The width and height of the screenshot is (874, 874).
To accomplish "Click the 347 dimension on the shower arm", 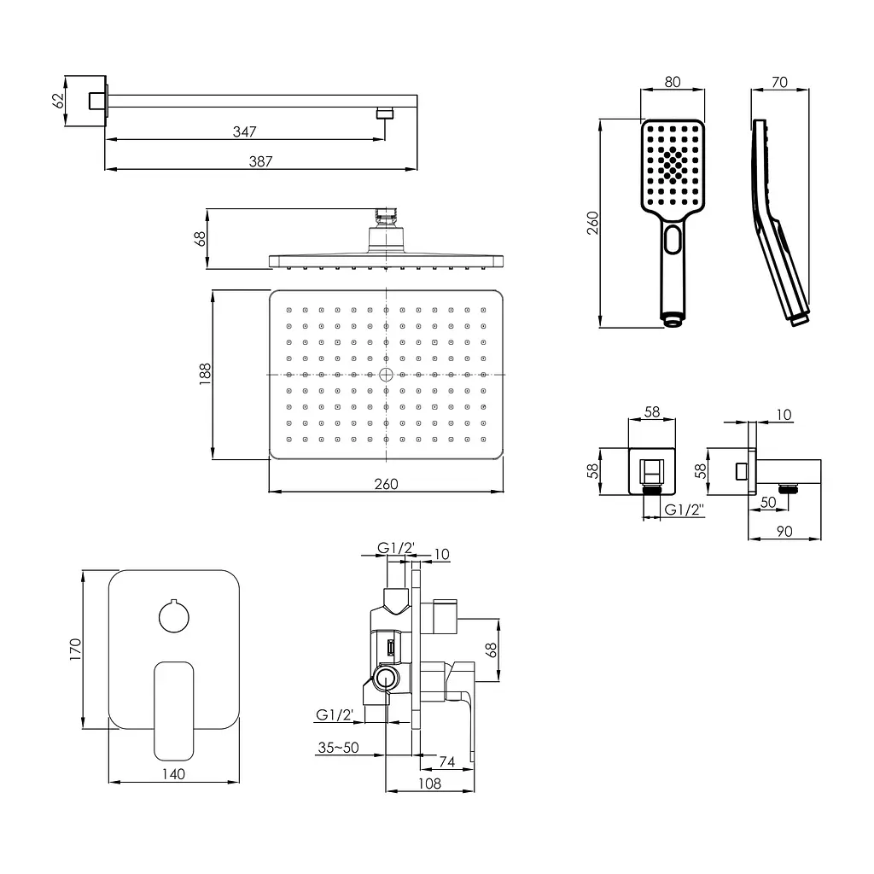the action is click(x=245, y=131).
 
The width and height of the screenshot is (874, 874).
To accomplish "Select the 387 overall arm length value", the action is click(x=260, y=161).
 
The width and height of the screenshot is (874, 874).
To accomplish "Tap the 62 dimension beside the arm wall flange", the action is click(x=58, y=101).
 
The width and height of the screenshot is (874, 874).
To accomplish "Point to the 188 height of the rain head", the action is click(x=205, y=374).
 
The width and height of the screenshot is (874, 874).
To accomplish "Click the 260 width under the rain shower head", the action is click(x=387, y=484).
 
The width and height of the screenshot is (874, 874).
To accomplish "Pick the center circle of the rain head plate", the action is click(x=386, y=375).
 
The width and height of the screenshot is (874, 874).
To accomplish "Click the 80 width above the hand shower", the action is click(x=673, y=82).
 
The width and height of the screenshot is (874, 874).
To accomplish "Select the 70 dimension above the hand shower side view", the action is click(x=779, y=82).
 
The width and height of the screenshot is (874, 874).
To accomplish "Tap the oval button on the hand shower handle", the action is click(x=673, y=240).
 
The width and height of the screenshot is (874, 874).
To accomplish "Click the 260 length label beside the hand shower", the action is click(x=592, y=223).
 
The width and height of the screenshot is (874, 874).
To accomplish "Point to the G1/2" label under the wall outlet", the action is click(x=684, y=510).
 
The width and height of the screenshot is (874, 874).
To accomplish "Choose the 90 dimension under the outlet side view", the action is click(x=784, y=531).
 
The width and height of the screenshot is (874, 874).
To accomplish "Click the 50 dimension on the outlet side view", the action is click(x=768, y=502).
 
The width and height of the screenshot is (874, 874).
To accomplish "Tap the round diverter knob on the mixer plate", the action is click(x=174, y=616).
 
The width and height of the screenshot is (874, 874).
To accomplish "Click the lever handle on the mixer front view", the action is click(x=174, y=711).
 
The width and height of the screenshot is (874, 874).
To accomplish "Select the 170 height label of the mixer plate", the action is click(x=75, y=650).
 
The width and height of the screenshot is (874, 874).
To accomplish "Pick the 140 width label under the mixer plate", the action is click(x=173, y=773).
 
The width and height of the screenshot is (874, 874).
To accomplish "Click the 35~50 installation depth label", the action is click(x=338, y=747).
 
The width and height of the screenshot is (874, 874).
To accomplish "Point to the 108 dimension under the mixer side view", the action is click(x=430, y=784).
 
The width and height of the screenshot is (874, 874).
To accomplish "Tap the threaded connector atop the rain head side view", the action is click(x=386, y=218).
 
